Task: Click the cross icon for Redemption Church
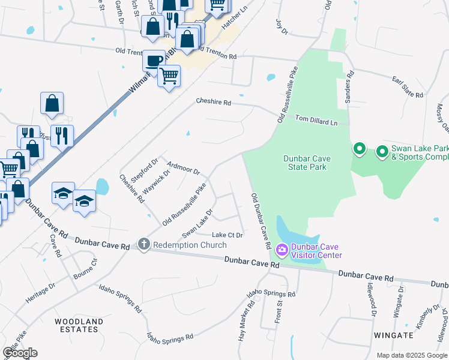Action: tap(143, 244)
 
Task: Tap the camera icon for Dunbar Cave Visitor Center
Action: tap(282, 249)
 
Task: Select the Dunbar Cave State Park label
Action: tap(305, 163)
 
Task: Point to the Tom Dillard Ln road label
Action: tap(316, 121)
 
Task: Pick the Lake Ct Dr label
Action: tap(228, 235)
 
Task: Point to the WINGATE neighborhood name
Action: tap(393, 335)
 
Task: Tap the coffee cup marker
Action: tap(154, 61)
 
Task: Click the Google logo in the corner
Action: tap(20, 353)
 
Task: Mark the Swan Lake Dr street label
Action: tap(197, 223)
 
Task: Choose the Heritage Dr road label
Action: tap(40, 292)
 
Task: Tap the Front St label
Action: tap(280, 313)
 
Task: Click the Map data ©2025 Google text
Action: tap(411, 355)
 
